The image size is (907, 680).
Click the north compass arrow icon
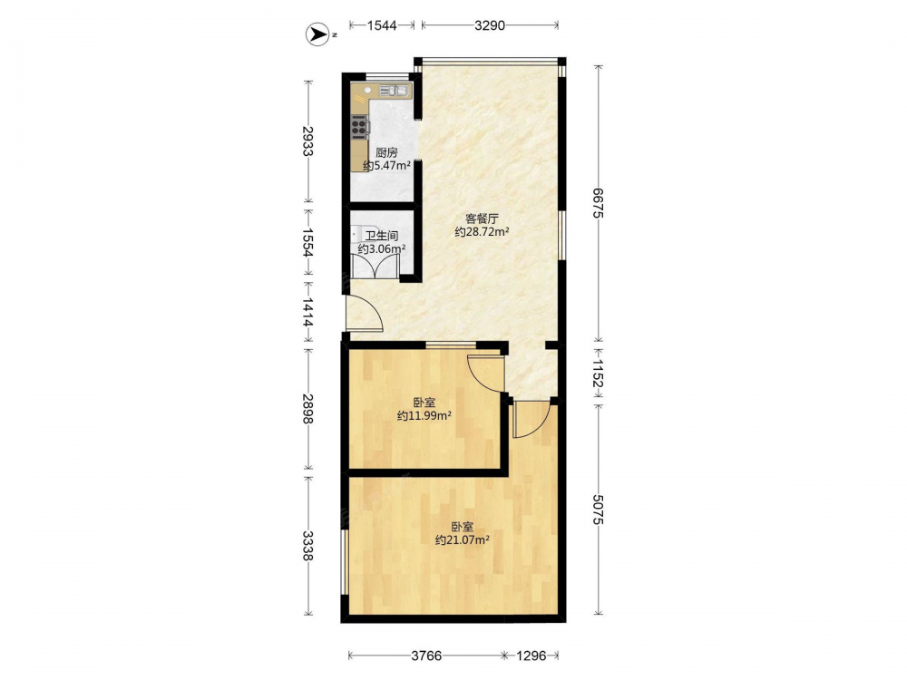click(x=316, y=34)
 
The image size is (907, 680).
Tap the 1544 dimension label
click(x=382, y=24)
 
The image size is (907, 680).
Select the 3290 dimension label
click(x=490, y=24)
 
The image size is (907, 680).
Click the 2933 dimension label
click(x=307, y=141)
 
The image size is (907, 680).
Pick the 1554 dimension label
click(x=307, y=242)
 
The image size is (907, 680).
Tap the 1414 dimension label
click(x=307, y=312)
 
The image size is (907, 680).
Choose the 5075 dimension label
click(x=598, y=510)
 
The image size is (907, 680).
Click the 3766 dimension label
click(x=426, y=656)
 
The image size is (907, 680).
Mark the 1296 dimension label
click(x=531, y=656)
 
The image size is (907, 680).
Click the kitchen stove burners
click(x=358, y=126)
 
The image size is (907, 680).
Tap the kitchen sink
click(x=394, y=90)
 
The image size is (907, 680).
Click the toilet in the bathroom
click(x=356, y=236)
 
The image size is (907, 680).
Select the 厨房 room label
click(x=386, y=152)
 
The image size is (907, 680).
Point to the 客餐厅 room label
click(x=482, y=219)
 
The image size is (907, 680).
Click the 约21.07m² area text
click(x=463, y=540)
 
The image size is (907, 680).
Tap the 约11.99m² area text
click(x=424, y=415)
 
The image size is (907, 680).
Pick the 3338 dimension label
click(x=307, y=546)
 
